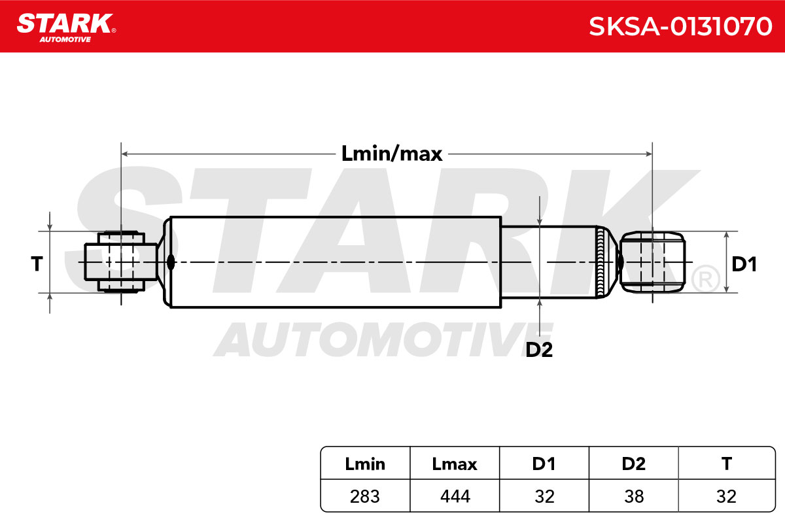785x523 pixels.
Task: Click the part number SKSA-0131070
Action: click(680, 26)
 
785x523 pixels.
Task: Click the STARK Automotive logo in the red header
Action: click(67, 28)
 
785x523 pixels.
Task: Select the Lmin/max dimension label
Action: click(392, 154)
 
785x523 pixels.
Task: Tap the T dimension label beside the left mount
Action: click(37, 263)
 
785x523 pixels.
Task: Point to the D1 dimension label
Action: click(744, 264)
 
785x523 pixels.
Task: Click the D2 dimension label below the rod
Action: click(539, 349)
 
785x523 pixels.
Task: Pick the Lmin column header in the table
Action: click(365, 464)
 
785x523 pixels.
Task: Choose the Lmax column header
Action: click(455, 464)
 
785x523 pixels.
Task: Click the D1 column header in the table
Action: click(544, 464)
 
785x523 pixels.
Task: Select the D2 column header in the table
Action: click(634, 464)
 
